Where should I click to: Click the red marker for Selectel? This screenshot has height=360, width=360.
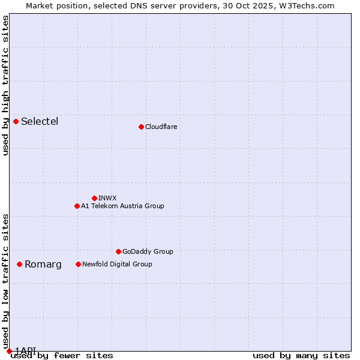click(x=16, y=121)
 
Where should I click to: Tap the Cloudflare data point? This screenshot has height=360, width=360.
click(x=141, y=127)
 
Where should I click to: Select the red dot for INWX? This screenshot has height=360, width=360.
click(x=94, y=198)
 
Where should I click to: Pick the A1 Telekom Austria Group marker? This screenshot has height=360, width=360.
click(x=77, y=206)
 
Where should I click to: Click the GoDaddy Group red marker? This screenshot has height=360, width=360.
click(x=118, y=251)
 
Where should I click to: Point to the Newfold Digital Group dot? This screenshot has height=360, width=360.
click(x=78, y=264)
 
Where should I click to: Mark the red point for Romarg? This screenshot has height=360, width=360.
click(x=20, y=264)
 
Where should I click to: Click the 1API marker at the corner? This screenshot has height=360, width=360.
click(x=9, y=351)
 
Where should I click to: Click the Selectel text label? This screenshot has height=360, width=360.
click(x=40, y=122)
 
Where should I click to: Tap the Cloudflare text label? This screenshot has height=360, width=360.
click(x=161, y=127)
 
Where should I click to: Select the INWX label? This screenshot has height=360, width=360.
click(x=107, y=198)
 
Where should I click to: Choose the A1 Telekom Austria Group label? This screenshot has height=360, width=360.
click(x=122, y=206)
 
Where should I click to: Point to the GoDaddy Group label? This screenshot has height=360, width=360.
click(x=147, y=251)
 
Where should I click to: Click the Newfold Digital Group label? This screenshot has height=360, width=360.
click(x=117, y=264)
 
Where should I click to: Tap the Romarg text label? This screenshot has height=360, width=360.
click(x=43, y=265)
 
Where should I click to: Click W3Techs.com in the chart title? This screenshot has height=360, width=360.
click(x=305, y=5)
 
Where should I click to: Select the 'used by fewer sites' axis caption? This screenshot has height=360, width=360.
click(x=62, y=355)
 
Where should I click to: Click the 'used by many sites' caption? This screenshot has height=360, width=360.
click(x=301, y=355)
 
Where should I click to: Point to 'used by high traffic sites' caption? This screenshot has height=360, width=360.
click(x=5, y=85)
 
